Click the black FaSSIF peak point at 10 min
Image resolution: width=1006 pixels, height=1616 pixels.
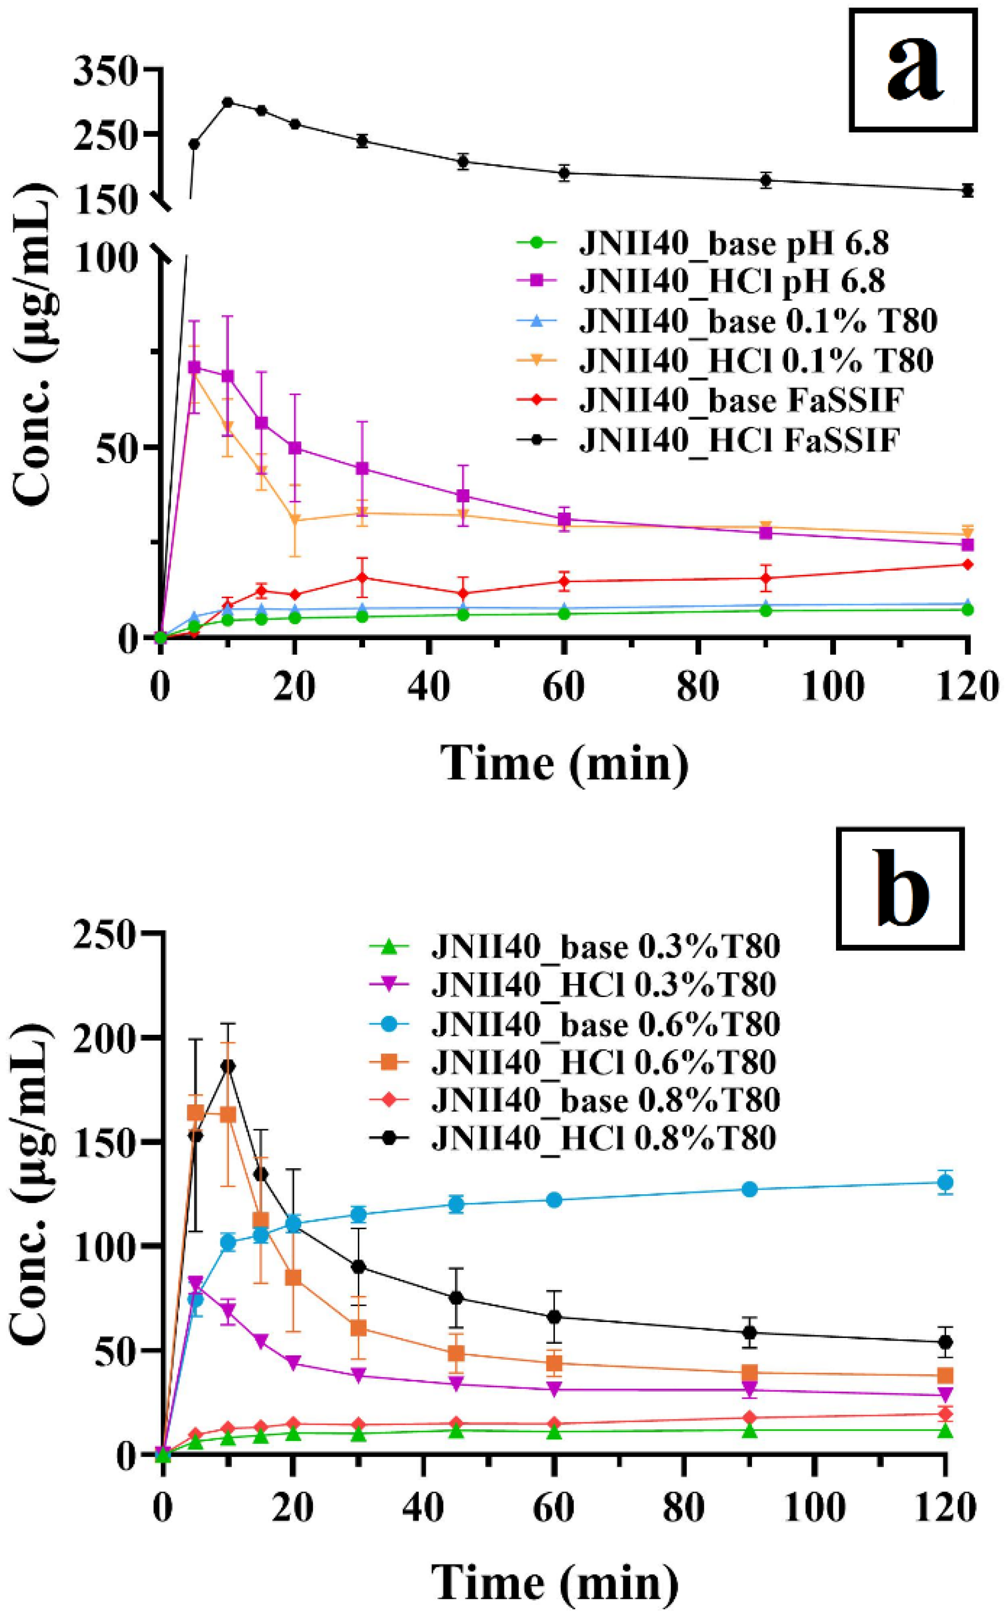tap(227, 102)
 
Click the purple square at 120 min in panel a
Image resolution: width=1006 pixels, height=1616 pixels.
tap(967, 545)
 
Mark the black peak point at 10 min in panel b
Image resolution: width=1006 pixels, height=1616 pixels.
tap(227, 1066)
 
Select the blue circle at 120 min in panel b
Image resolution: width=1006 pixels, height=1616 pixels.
tap(945, 1182)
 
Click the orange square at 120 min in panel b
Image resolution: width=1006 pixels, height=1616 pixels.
tap(945, 1375)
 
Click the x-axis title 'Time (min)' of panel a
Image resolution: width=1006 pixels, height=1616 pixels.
tap(564, 763)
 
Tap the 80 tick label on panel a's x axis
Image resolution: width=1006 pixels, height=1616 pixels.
tap(698, 686)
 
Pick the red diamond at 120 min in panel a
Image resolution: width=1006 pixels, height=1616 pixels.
tap(967, 564)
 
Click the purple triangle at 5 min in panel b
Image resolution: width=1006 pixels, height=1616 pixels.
tap(195, 1283)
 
